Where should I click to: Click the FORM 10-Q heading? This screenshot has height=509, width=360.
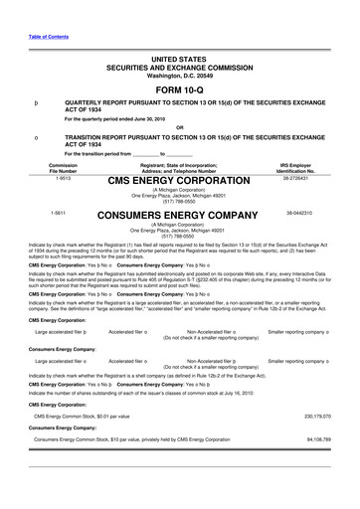click(180, 64)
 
